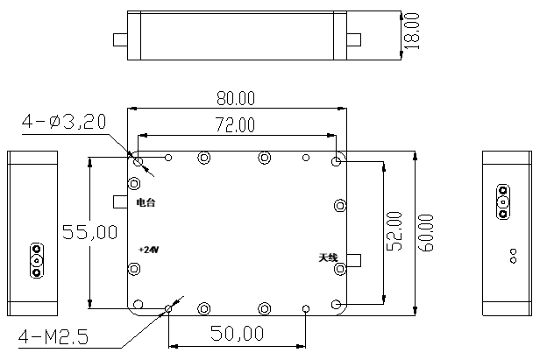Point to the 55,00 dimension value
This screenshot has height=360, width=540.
[x=89, y=232]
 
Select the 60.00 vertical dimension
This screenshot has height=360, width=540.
[x=426, y=232]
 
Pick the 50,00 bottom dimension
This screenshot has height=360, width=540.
[x=236, y=333]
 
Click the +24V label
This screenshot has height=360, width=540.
[x=148, y=249]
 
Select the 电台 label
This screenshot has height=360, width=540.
[x=146, y=202]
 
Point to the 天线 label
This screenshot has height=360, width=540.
[x=328, y=258]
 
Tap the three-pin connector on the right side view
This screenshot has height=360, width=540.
[x=503, y=201]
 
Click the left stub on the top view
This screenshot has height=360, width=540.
[x=120, y=39]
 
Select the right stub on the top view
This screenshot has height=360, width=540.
[x=353, y=39]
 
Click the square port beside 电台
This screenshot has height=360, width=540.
[x=121, y=201]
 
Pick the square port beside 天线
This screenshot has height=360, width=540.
[x=354, y=260]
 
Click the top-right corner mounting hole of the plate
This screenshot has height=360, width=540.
[x=337, y=162]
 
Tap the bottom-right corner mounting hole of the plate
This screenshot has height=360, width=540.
[x=337, y=304]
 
